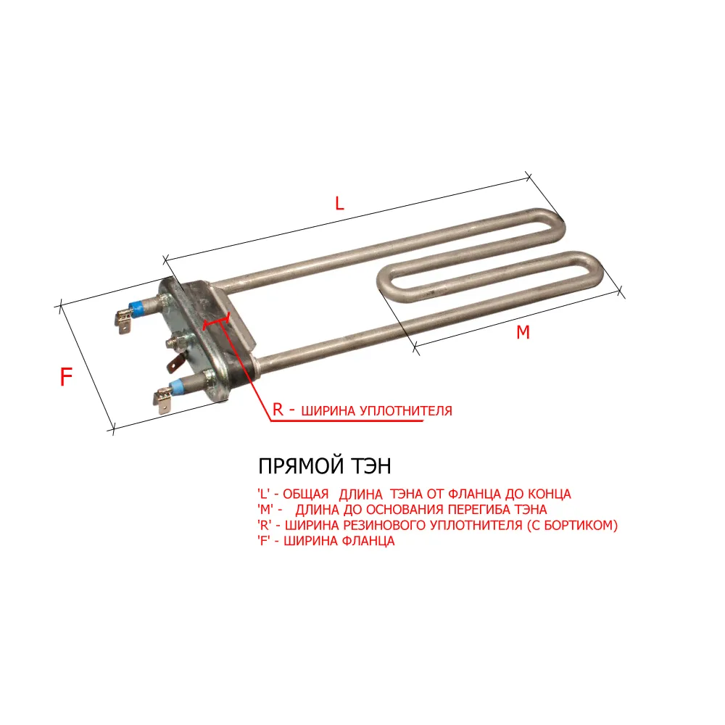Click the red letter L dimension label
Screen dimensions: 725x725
(x=339, y=203)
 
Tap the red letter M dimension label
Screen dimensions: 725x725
(x=523, y=332)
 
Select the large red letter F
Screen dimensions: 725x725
(x=66, y=376)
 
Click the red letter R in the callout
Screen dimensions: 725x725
(x=278, y=409)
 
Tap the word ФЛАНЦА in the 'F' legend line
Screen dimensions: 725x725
(x=369, y=541)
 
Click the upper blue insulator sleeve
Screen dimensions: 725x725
(x=136, y=308)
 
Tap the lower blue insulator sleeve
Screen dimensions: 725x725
(x=175, y=386)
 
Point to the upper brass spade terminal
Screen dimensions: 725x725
(x=123, y=321)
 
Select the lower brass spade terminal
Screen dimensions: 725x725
(x=162, y=401)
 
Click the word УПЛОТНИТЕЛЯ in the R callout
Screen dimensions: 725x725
(x=406, y=410)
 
